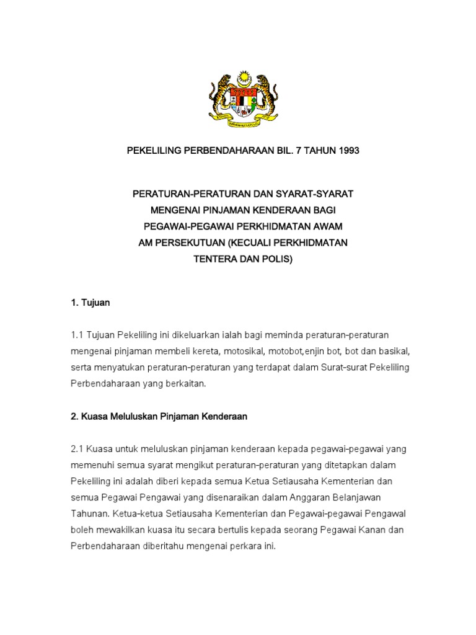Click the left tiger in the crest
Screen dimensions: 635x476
(x=216, y=94)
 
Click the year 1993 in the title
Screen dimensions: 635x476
(x=347, y=151)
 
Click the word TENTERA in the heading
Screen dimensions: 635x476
(x=214, y=259)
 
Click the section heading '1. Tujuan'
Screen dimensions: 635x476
(x=90, y=303)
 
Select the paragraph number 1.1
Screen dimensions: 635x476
(x=77, y=335)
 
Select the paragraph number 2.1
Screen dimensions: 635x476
(x=77, y=448)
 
